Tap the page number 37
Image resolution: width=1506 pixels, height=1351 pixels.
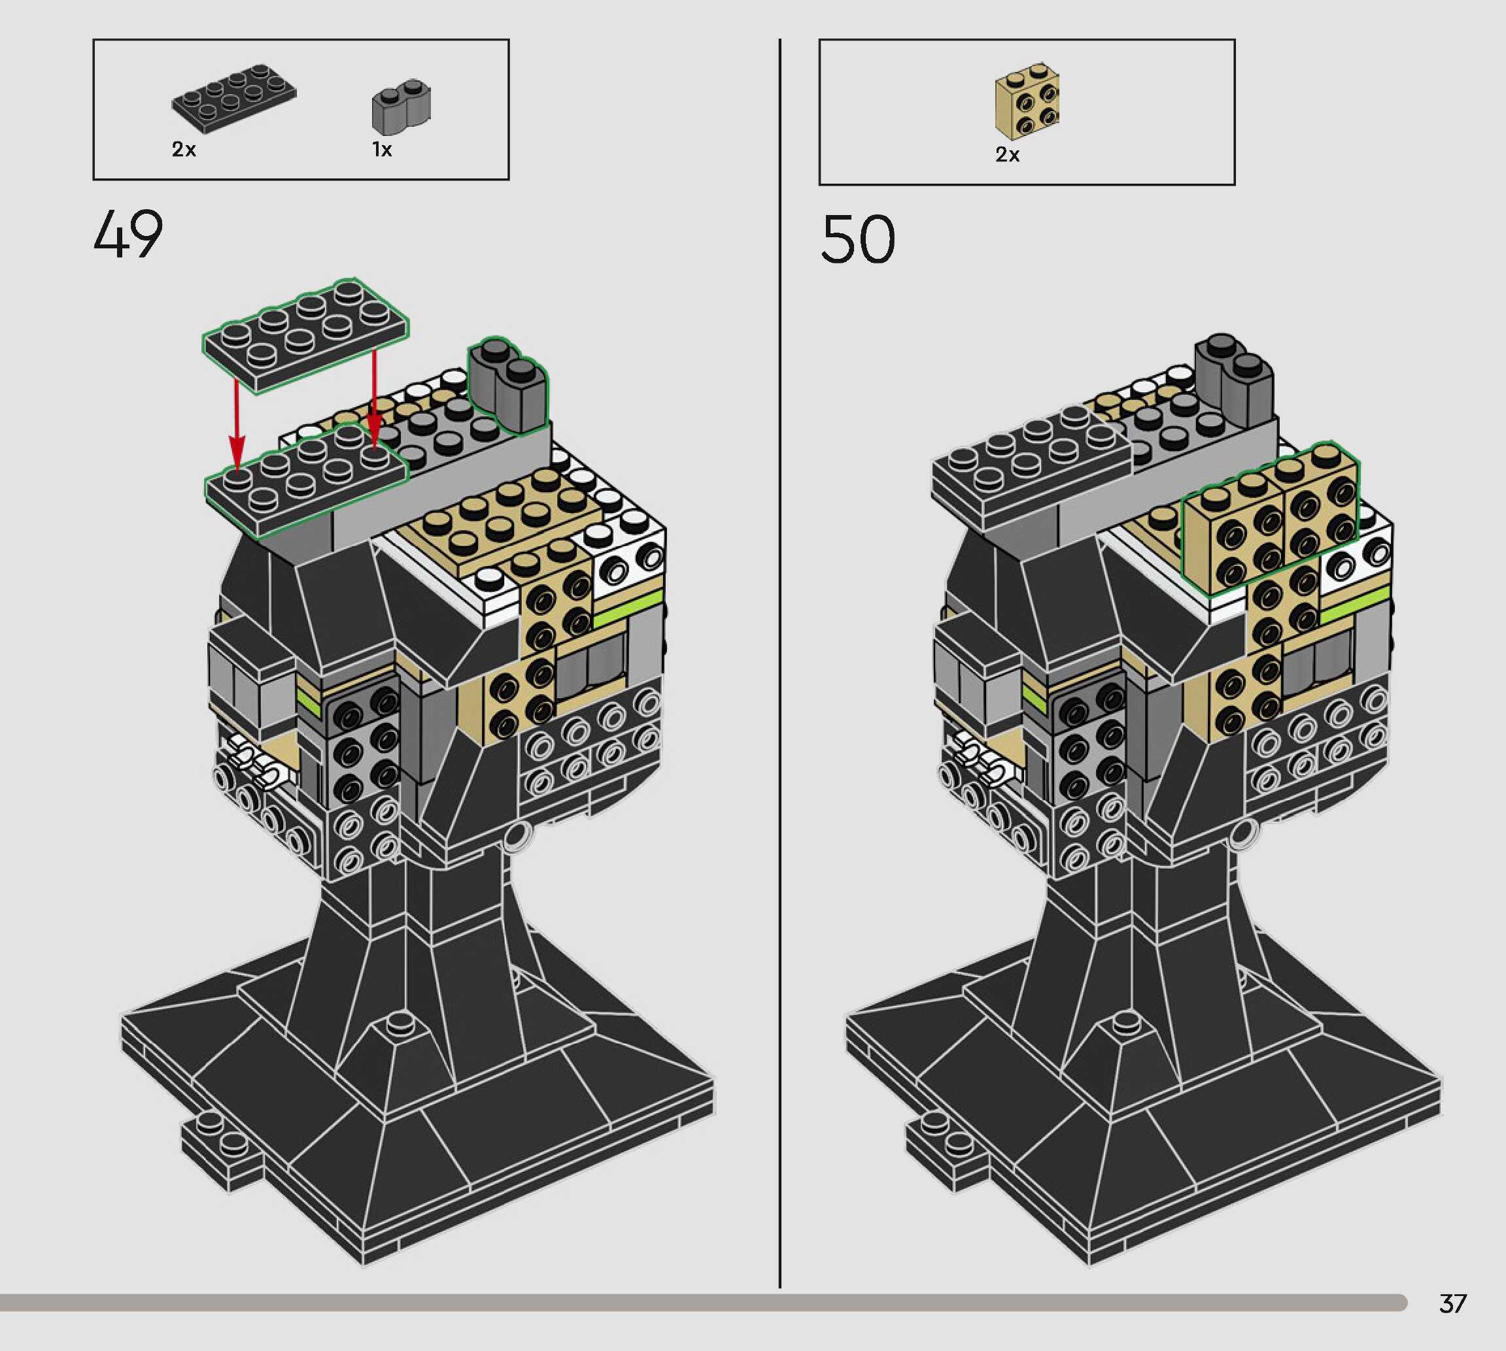tap(1452, 1303)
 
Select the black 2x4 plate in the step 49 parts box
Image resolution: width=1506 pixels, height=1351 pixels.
tap(234, 99)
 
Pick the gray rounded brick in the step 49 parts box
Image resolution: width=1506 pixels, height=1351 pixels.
tap(401, 105)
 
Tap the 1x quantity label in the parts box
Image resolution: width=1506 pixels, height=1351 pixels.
tap(382, 150)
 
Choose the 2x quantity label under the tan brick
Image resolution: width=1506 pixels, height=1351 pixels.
tap(1008, 154)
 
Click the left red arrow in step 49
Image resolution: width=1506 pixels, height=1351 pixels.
tap(236, 425)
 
